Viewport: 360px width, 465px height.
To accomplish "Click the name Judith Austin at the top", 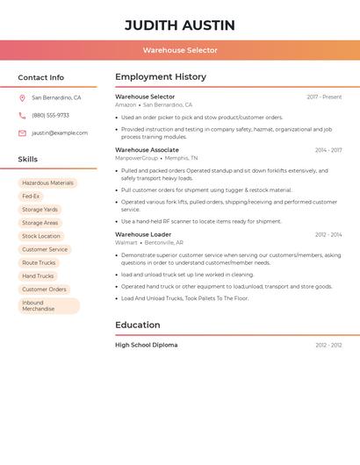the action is pos(180,25).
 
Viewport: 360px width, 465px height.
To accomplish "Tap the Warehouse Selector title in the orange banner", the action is pos(180,50).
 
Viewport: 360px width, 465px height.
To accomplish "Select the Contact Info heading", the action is pos(41,77).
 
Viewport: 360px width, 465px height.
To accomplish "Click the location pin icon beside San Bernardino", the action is pos(22,97).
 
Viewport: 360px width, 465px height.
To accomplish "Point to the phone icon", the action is pos(22,115).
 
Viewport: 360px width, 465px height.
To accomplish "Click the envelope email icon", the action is pos(22,133).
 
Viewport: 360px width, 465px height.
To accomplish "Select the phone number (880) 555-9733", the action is pos(50,115).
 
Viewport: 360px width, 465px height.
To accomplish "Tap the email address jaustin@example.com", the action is pos(60,133).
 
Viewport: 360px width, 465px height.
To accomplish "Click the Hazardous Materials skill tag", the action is pos(47,183).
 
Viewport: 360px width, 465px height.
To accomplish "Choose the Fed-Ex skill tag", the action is pos(31,197).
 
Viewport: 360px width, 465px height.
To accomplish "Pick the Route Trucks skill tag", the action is pos(39,262).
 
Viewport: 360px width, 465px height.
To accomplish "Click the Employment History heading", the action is pos(161,76).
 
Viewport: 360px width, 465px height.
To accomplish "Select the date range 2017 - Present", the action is pos(324,97).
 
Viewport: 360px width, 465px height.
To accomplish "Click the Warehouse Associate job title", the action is pos(147,150).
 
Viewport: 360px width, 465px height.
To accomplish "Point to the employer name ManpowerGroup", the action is pos(136,158).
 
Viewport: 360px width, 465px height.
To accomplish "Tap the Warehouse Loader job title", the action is pos(143,234).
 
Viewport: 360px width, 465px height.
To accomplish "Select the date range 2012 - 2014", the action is pos(328,234).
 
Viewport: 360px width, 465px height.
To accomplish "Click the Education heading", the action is pos(138,325).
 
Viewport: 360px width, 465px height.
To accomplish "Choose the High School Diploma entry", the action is pos(146,345).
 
